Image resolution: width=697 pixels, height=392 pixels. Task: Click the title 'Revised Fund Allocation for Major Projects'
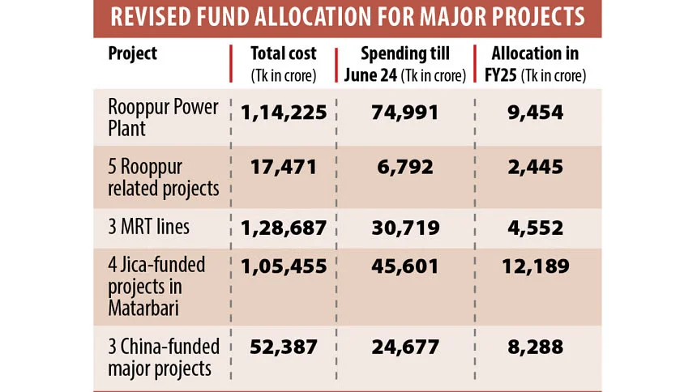[348, 18]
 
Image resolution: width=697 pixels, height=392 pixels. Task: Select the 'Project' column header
[133, 54]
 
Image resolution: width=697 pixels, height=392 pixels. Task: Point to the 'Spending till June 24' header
[404, 64]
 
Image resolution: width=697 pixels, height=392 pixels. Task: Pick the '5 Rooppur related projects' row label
[164, 177]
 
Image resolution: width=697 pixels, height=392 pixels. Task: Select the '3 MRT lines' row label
[149, 228]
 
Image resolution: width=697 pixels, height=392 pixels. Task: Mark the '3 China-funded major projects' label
[165, 357]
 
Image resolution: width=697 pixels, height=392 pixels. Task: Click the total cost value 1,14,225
[284, 113]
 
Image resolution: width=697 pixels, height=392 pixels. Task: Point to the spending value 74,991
[404, 113]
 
